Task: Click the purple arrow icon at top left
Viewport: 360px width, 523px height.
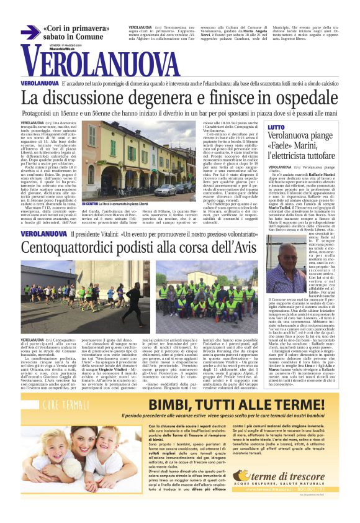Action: pyautogui.click(x=30, y=32)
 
